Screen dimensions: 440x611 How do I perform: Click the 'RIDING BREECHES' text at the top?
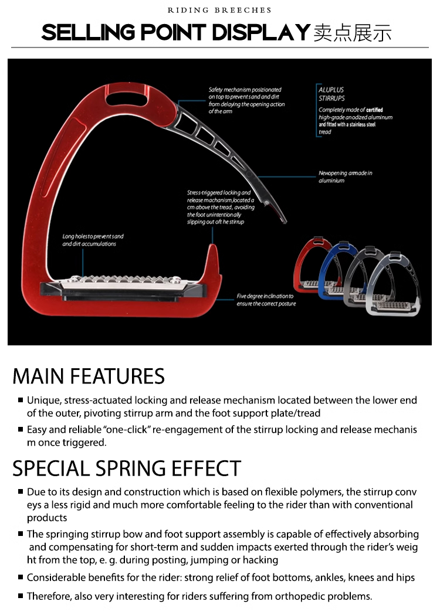[219, 10]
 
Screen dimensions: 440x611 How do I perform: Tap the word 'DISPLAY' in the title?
[261, 32]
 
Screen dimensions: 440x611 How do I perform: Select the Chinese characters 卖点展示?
[353, 33]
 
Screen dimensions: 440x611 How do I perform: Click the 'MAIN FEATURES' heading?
[89, 376]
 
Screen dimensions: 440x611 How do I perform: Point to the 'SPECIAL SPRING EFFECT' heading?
[127, 468]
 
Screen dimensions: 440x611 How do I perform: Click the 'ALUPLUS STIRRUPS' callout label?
[331, 94]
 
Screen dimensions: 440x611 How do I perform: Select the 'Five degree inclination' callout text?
[266, 300]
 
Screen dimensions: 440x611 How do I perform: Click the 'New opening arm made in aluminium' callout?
[346, 176]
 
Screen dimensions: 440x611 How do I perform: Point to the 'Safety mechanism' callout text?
[246, 100]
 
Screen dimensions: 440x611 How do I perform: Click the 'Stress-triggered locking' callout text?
[221, 208]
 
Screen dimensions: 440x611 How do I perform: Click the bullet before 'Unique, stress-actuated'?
[21, 400]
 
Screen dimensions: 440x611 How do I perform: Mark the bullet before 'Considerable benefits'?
[21, 577]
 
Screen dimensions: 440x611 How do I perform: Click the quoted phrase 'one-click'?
[126, 429]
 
